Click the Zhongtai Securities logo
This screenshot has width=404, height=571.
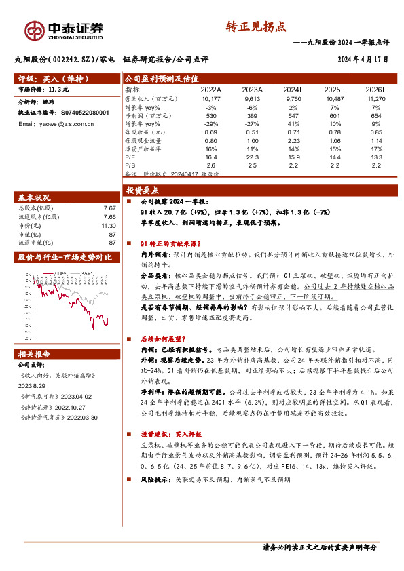coord(65,29)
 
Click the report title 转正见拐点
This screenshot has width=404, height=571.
coord(255,27)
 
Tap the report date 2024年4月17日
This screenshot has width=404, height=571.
coord(363,59)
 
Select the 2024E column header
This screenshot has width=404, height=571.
coord(293,89)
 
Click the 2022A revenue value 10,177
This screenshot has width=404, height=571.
coord(211,98)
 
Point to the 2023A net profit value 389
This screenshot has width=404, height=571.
coord(252,115)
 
